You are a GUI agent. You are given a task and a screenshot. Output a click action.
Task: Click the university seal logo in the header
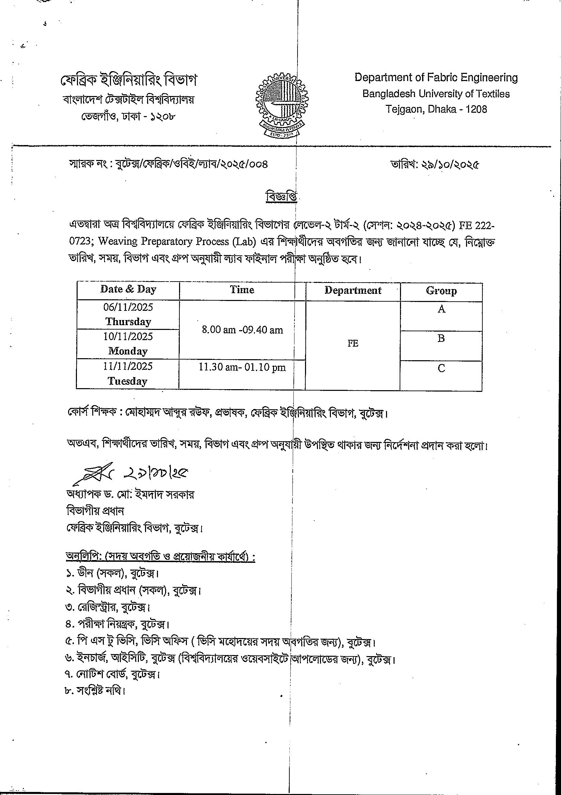click(x=282, y=105)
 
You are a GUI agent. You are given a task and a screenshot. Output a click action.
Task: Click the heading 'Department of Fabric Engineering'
click(x=436, y=78)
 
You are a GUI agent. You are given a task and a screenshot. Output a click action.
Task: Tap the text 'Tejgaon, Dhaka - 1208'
click(x=436, y=109)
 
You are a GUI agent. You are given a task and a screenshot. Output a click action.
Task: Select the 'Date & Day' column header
click(x=128, y=289)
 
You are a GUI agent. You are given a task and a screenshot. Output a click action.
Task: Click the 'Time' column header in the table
click(x=242, y=290)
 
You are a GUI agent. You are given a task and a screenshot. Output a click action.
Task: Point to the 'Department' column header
click(x=353, y=290)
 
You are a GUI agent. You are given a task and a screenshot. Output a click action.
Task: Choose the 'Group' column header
click(x=441, y=291)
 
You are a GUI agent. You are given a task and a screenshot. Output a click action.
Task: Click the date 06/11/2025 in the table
click(x=128, y=307)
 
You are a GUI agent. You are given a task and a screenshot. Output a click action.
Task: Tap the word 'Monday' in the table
click(x=128, y=351)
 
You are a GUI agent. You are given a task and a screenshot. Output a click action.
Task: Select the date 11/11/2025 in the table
click(x=128, y=366)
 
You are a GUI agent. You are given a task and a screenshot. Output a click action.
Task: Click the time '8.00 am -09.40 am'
click(x=242, y=330)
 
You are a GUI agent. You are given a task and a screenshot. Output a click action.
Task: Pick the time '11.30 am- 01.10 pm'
click(x=242, y=367)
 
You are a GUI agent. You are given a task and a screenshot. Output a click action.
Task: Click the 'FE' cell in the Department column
click(x=353, y=344)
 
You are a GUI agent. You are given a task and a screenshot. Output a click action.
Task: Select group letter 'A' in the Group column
click(x=441, y=309)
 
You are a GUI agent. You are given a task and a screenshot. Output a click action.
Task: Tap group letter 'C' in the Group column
click(x=441, y=368)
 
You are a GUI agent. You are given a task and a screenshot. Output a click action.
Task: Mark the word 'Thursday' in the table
click(x=128, y=322)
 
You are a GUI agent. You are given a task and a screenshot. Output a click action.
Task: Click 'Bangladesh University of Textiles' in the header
click(x=436, y=94)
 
